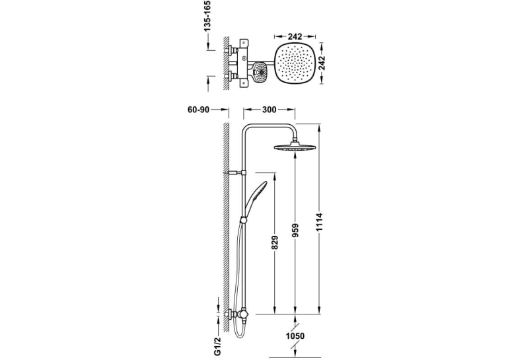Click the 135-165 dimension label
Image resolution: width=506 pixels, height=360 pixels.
[207, 16]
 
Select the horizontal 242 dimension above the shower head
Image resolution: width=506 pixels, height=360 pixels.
[295, 36]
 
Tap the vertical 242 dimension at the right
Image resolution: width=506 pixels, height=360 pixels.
[322, 63]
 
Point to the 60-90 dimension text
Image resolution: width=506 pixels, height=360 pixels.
[198, 110]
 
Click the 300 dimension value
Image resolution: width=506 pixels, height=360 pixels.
[269, 110]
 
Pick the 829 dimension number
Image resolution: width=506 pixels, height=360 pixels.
[275, 242]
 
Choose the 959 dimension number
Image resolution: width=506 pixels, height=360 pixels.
[295, 231]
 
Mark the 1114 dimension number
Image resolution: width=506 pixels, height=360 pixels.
[320, 222]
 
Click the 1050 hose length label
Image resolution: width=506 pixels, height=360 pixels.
[295, 336]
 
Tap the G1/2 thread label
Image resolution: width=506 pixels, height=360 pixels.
[219, 346]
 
